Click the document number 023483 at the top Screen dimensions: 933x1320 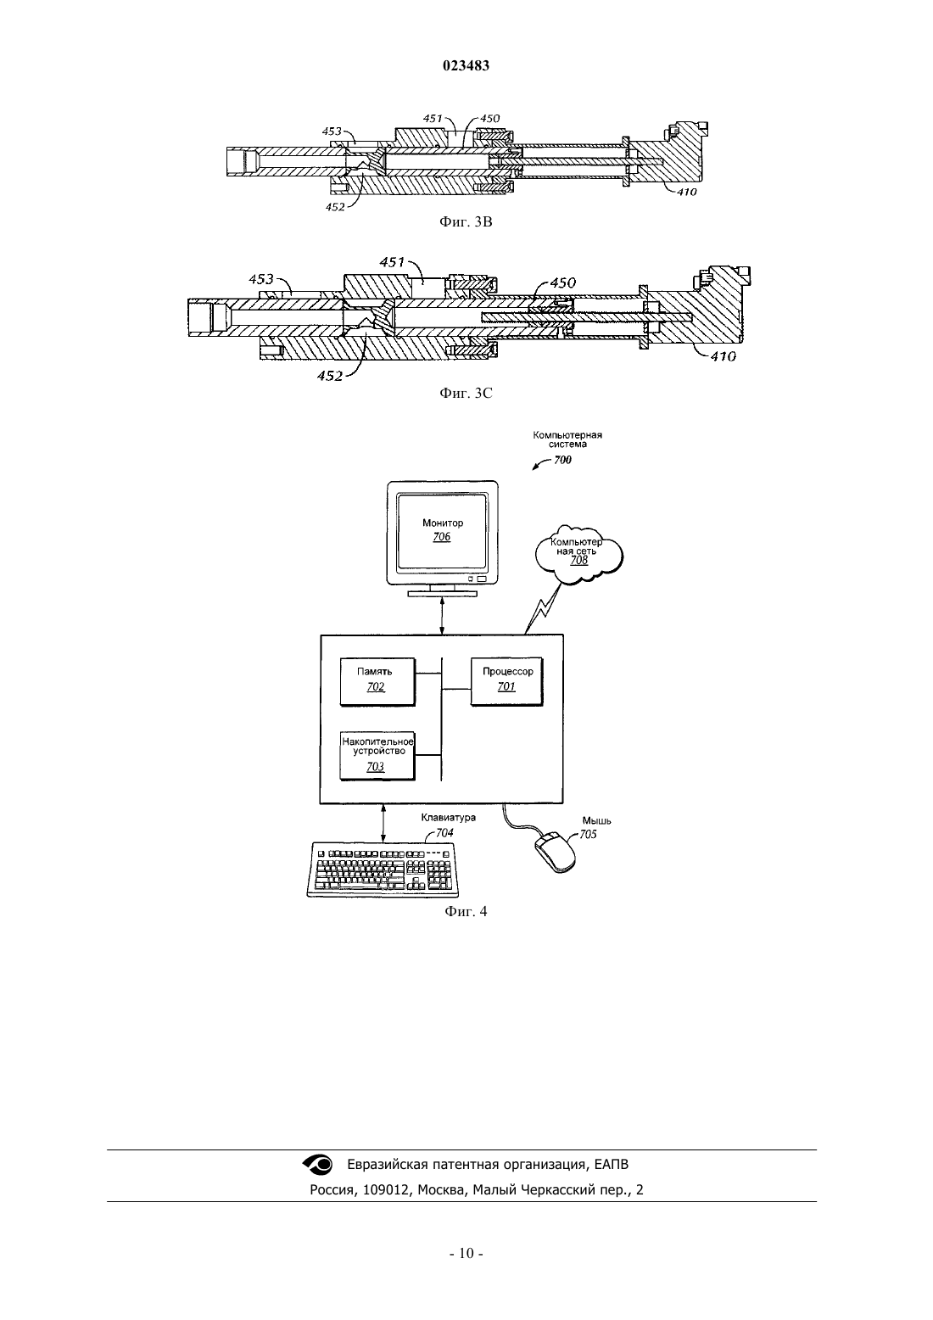pyautogui.click(x=466, y=65)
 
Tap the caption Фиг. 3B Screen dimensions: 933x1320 pyautogui.click(x=466, y=222)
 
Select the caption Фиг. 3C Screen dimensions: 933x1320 pyautogui.click(x=466, y=393)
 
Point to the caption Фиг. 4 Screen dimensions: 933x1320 pyautogui.click(x=466, y=912)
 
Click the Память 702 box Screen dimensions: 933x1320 pyautogui.click(x=377, y=682)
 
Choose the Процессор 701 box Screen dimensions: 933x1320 pyautogui.click(x=506, y=682)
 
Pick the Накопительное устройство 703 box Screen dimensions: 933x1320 pyautogui.click(x=377, y=756)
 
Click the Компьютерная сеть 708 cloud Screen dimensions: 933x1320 pyautogui.click(x=579, y=554)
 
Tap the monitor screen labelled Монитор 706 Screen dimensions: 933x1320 pyautogui.click(x=443, y=530)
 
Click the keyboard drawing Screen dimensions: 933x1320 pyautogui.click(x=383, y=870)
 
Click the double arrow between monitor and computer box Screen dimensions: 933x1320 pyautogui.click(x=443, y=615)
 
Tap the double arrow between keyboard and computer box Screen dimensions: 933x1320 pyautogui.click(x=383, y=823)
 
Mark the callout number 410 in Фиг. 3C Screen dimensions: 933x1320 pyautogui.click(x=723, y=356)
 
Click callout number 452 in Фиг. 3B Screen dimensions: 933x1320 pyautogui.click(x=335, y=207)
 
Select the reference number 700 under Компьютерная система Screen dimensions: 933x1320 pyautogui.click(x=562, y=460)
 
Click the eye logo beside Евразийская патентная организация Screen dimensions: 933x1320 pyautogui.click(x=317, y=1164)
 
